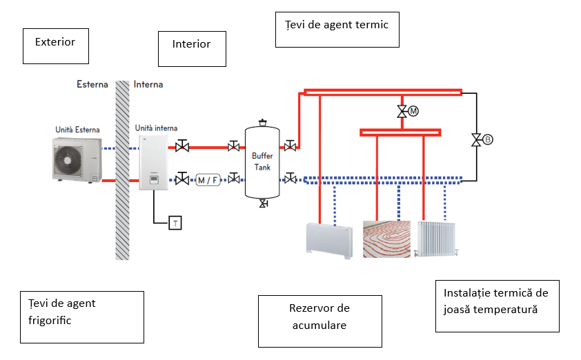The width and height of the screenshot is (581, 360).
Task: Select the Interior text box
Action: pyautogui.click(x=192, y=48)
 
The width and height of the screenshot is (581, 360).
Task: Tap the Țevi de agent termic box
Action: pyautogui.click(x=337, y=29)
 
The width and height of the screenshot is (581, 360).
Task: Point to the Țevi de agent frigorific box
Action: pyautogui.click(x=82, y=317)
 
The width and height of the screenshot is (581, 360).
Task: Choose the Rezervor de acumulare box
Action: pyautogui.click(x=319, y=321)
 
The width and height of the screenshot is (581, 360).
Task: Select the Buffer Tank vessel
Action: pyautogui.click(x=262, y=163)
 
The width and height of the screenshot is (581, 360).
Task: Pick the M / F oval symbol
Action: pyautogui.click(x=208, y=180)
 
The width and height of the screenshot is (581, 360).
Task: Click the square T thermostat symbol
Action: pyautogui.click(x=175, y=222)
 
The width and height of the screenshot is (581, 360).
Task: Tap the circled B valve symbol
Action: pyautogui.click(x=487, y=139)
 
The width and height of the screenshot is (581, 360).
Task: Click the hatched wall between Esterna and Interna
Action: pyautogui.click(x=122, y=172)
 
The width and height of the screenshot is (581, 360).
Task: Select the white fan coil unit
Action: pyautogui.click(x=330, y=237)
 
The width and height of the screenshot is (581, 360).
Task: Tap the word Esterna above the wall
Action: pyautogui.click(x=92, y=85)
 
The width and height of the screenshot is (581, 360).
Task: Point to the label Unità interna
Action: pyautogui.click(x=156, y=128)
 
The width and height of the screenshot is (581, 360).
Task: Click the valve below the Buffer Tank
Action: pyautogui.click(x=263, y=204)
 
